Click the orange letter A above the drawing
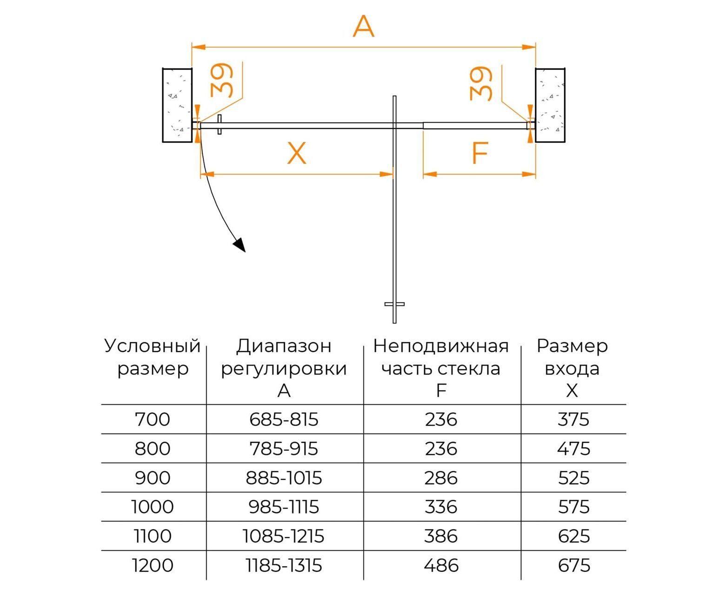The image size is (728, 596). [x=363, y=27]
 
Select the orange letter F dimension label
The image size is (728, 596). [x=480, y=153]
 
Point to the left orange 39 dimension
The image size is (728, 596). [x=221, y=80]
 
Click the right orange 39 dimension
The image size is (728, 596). [x=481, y=84]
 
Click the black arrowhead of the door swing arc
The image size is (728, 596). [x=240, y=244]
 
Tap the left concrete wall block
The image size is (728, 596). [x=177, y=105]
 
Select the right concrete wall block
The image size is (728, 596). [x=550, y=105]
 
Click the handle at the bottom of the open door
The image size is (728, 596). [x=394, y=304]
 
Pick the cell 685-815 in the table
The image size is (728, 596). [x=284, y=420]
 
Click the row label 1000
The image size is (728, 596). [x=153, y=507]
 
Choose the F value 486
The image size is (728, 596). [x=441, y=565]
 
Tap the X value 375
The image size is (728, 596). [x=573, y=420]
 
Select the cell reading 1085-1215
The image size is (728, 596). [x=283, y=536]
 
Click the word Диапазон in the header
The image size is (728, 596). [x=284, y=346]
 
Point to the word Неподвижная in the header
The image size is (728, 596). [x=441, y=346]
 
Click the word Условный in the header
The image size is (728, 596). [x=152, y=346]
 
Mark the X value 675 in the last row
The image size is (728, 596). [x=574, y=565]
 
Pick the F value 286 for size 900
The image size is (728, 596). [x=441, y=478]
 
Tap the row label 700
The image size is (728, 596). [x=153, y=420]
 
